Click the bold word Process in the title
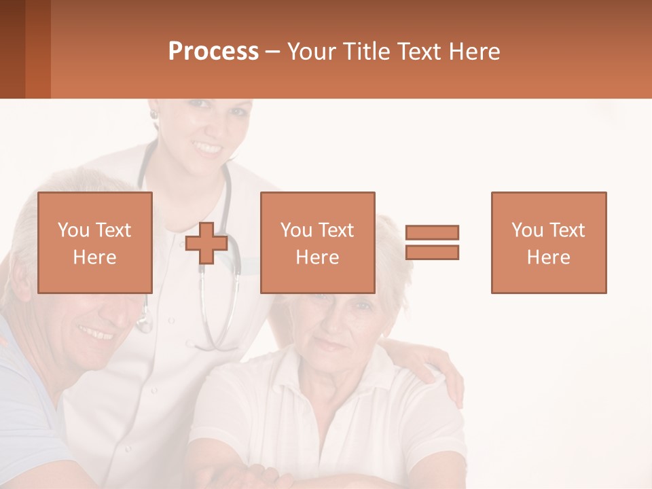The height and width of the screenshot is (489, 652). [x=213, y=52]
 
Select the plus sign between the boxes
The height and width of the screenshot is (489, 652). [x=206, y=243]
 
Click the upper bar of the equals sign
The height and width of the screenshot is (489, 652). [x=432, y=233]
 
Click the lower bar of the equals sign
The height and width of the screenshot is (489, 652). [x=432, y=253]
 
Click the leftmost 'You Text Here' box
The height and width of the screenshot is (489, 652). [x=94, y=242]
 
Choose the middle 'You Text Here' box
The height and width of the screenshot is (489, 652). [x=317, y=242]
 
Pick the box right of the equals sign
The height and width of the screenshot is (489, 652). [x=548, y=242]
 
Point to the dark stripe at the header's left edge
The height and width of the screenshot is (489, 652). [x=12, y=49]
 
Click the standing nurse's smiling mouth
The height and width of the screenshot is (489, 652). [x=207, y=147]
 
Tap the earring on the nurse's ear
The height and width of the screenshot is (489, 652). [x=154, y=115]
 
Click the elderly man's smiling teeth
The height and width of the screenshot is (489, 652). [x=96, y=333]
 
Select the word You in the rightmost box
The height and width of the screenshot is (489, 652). [x=525, y=230]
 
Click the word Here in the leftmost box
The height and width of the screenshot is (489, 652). [x=94, y=257]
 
